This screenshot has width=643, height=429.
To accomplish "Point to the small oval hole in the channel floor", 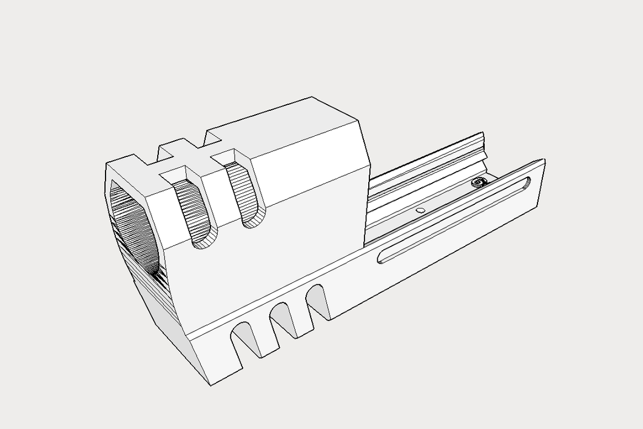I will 420,210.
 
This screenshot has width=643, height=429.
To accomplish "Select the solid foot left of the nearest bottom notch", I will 212,358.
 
